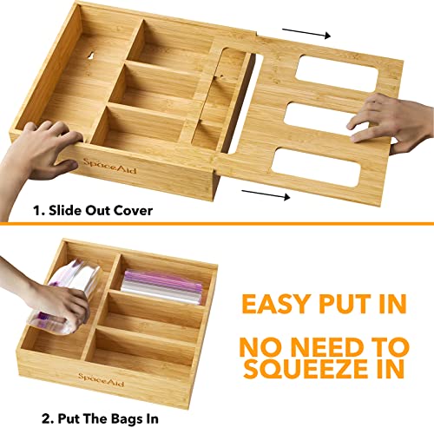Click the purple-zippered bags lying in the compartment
click(162, 283)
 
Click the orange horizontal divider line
click(217, 224)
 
